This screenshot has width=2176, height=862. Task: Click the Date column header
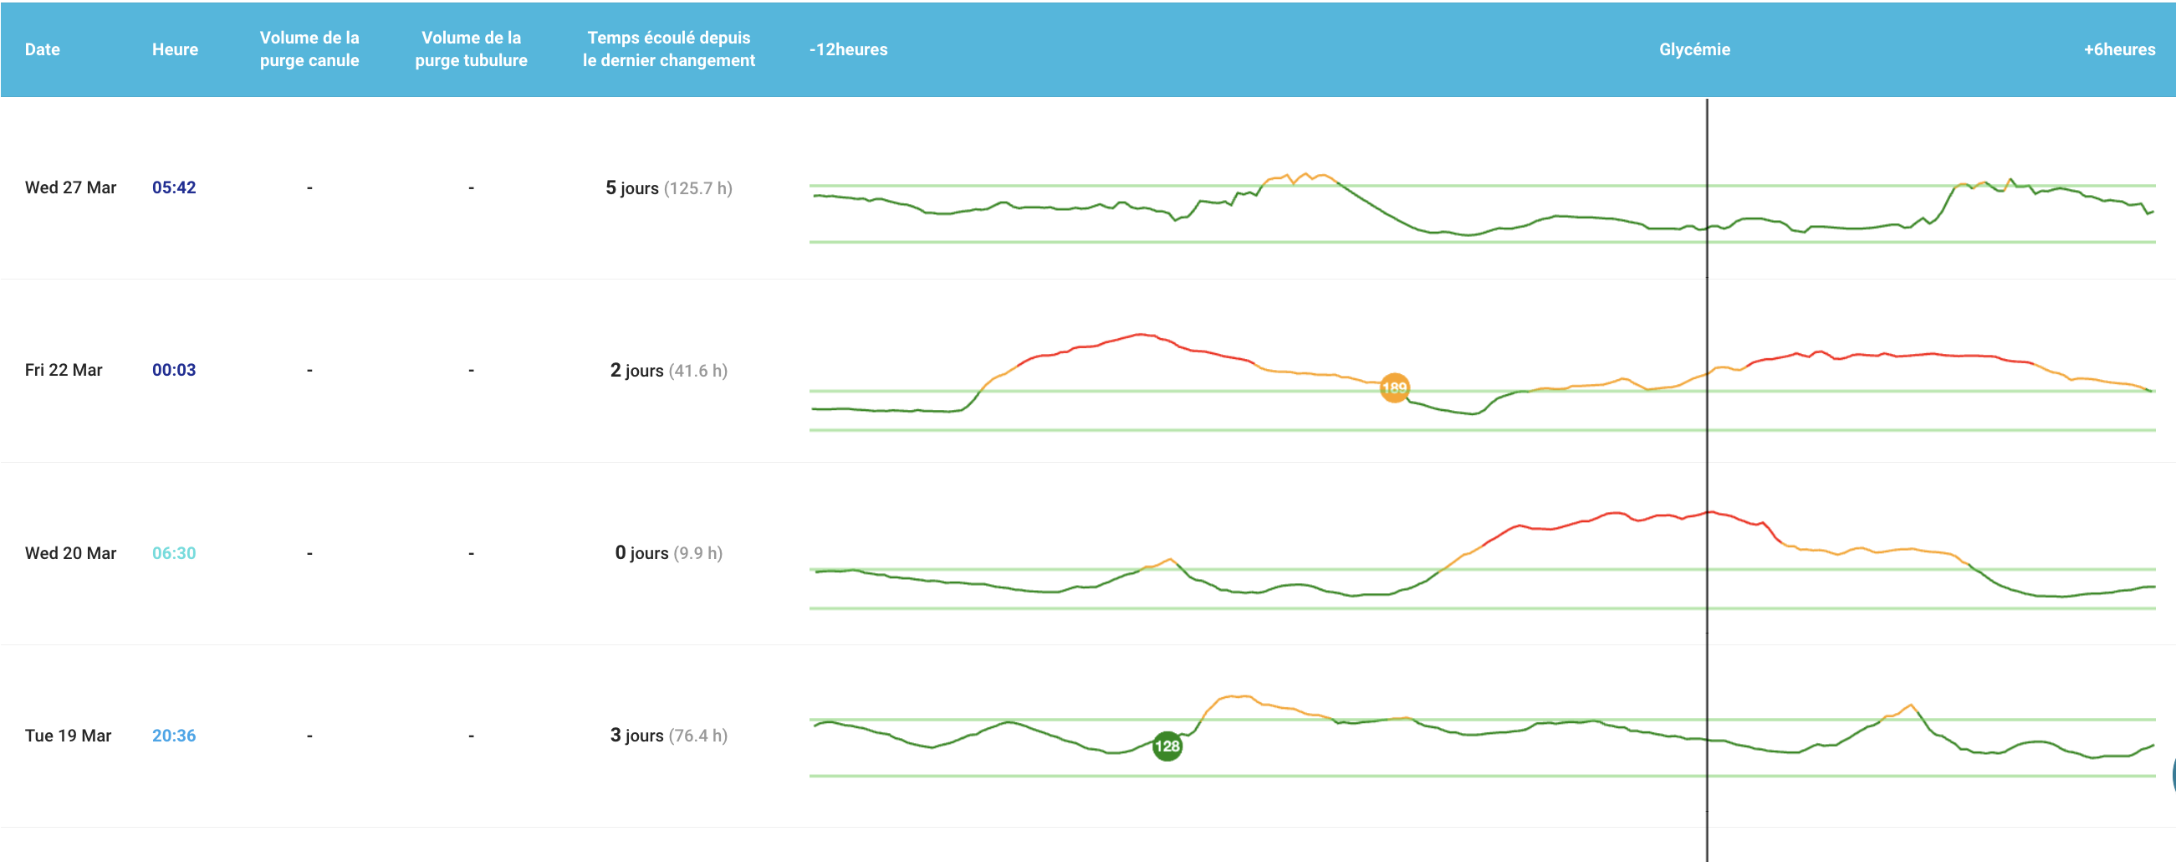tap(43, 49)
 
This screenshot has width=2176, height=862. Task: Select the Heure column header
tap(175, 49)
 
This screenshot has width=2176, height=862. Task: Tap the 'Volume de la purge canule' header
tap(309, 49)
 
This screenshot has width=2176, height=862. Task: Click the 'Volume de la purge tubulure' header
tap(472, 49)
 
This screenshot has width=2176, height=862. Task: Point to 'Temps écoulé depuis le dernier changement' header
tap(669, 49)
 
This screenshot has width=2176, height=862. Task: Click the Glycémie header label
tap(1694, 49)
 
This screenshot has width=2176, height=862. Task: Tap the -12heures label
tap(848, 49)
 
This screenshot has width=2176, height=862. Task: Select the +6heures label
tap(2119, 49)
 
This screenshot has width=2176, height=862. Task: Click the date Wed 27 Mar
tap(71, 187)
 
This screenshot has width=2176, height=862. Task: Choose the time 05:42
tap(174, 187)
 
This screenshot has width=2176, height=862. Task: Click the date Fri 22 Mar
tap(64, 370)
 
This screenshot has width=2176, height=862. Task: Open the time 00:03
tap(174, 370)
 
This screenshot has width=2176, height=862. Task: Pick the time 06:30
tap(174, 552)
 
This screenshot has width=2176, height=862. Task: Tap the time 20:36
tap(174, 736)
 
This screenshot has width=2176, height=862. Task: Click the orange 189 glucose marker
tap(1394, 388)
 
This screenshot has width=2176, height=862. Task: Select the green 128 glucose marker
tap(1167, 747)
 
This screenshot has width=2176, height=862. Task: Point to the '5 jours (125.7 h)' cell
tap(669, 187)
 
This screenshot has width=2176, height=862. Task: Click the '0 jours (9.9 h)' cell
tap(669, 552)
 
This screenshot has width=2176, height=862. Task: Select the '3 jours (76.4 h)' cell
tap(669, 736)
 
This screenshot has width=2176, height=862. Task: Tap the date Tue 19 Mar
tap(69, 736)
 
